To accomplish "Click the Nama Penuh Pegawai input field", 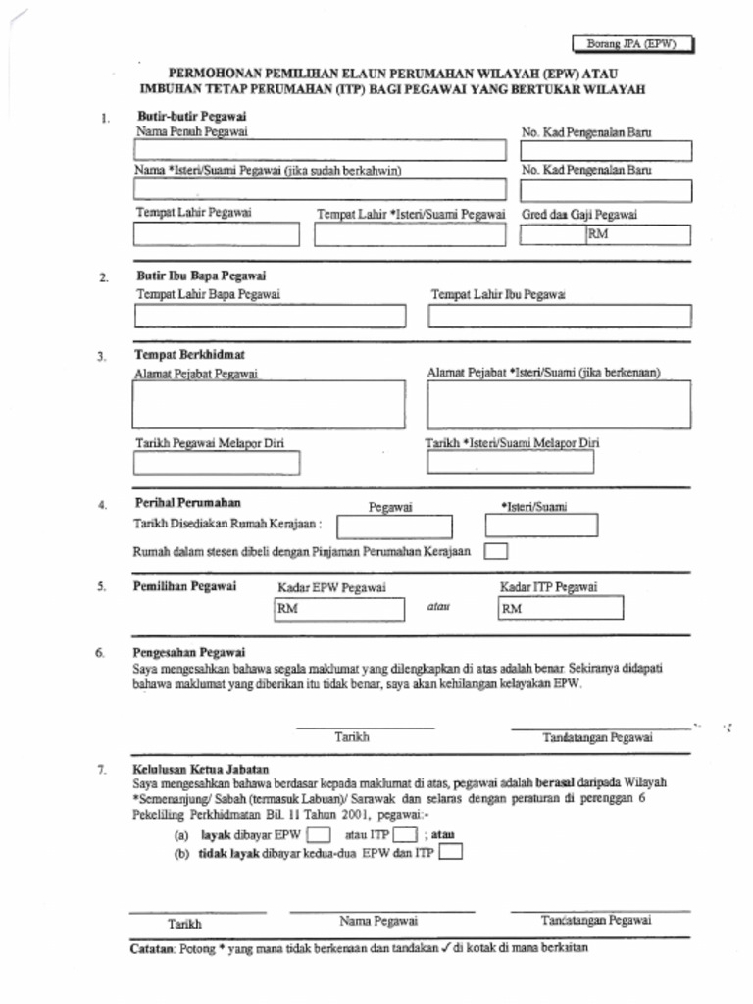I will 320,150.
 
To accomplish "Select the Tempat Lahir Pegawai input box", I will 216,234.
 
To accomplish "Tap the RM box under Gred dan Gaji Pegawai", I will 637,234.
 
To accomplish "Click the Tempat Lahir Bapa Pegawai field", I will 269,316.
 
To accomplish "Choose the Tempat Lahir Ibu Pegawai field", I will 559,316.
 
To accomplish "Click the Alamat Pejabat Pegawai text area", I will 269,404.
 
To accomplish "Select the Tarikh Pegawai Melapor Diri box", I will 216,462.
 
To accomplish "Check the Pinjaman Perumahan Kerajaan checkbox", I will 496,551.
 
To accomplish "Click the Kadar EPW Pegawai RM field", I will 338,609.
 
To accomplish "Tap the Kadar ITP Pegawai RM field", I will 561,609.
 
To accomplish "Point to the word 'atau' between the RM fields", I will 437,607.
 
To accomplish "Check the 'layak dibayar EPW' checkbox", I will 318,835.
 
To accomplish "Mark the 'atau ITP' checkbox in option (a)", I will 405,835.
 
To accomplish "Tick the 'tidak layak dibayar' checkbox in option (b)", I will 451,853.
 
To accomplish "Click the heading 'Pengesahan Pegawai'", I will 188,652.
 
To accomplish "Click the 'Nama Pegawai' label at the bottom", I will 378,921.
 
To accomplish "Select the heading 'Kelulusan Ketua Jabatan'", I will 200,769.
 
